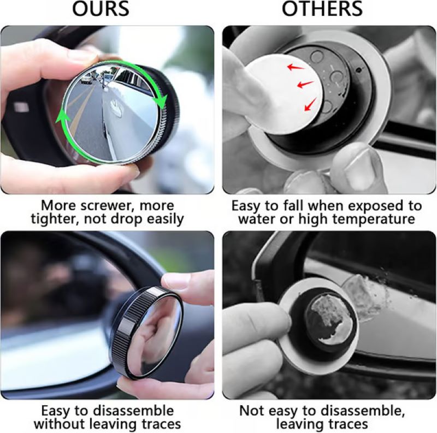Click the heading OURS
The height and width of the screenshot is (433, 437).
tap(103, 10)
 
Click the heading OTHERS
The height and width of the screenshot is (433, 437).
tap(322, 10)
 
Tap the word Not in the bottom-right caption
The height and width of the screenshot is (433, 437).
tap(252, 410)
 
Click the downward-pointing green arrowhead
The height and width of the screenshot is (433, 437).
tap(160, 101)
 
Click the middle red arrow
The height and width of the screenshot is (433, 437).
tap(304, 85)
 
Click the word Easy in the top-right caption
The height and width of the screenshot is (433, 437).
tap(249, 206)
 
